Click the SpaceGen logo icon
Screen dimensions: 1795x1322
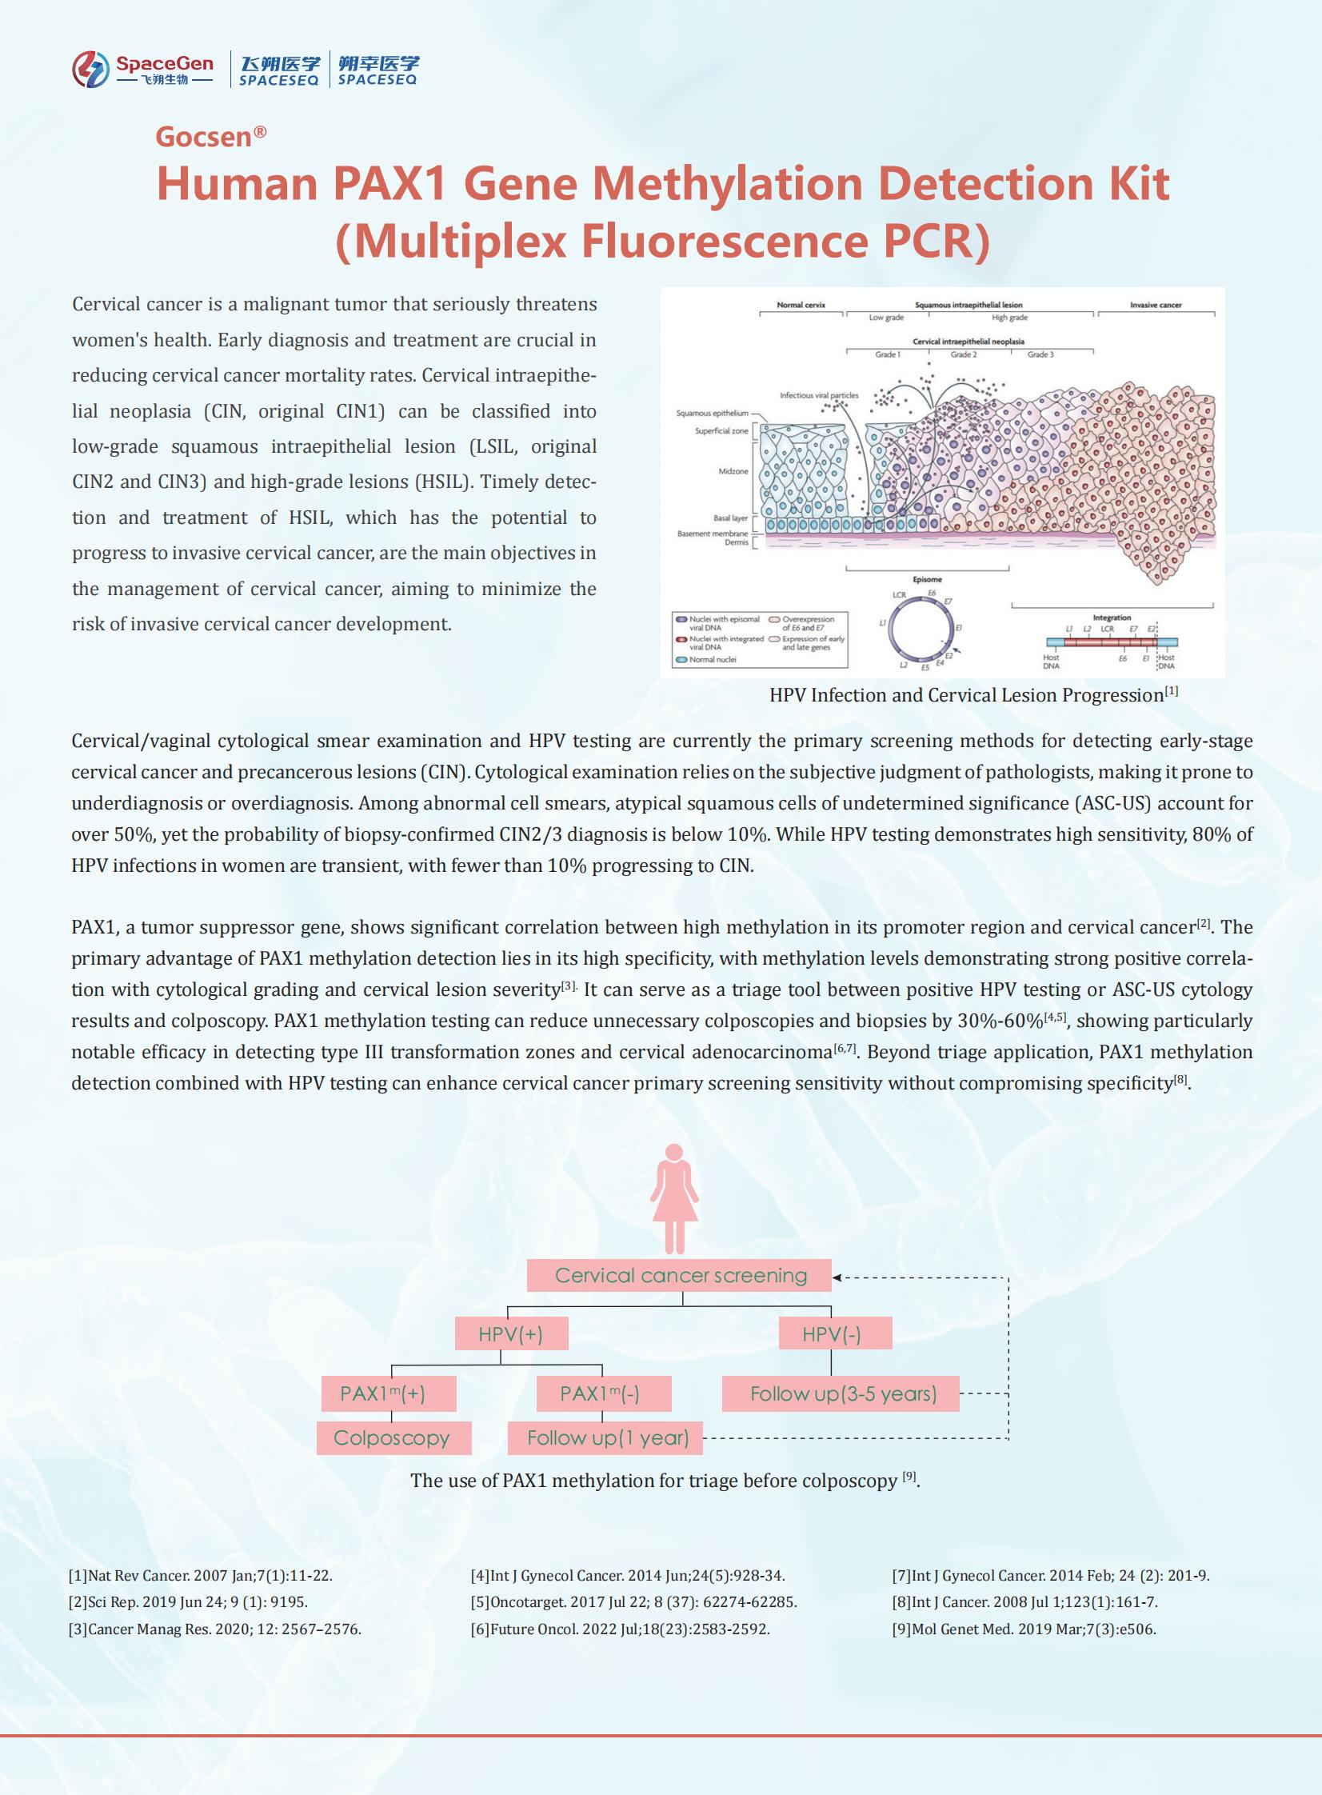coord(90,69)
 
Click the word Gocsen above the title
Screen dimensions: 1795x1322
coord(204,137)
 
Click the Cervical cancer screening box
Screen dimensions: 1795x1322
coord(680,1275)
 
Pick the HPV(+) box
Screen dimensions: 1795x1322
coord(511,1334)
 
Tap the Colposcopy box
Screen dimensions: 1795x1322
coord(393,1438)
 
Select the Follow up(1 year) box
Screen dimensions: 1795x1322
coord(605,1438)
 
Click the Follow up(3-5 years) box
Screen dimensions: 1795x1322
coord(841,1394)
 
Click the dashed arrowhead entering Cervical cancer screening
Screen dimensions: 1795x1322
coord(838,1277)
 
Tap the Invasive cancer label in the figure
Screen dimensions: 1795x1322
coord(1155,305)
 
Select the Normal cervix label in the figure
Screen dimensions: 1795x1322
coord(801,305)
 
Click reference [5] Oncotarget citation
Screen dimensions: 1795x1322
coord(633,1601)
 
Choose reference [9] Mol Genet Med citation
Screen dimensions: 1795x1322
coord(1024,1629)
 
